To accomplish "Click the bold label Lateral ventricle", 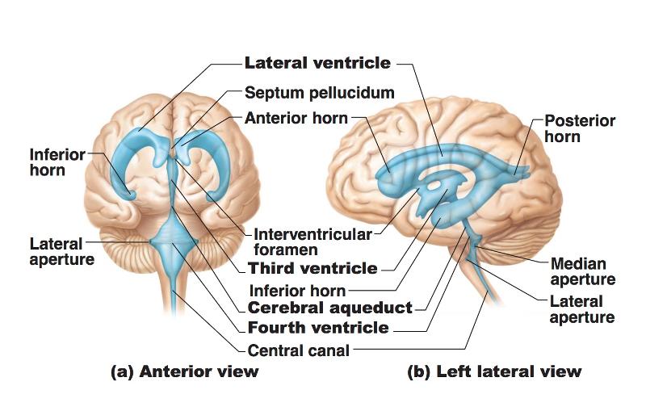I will [x=317, y=63].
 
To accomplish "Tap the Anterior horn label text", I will [x=296, y=119].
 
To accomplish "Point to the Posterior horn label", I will [x=579, y=129].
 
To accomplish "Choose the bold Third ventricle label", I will [x=313, y=268].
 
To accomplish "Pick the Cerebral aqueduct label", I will [x=329, y=308].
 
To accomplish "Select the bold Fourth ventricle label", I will [x=318, y=328].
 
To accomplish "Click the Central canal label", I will [x=299, y=350].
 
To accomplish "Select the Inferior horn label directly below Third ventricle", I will [x=297, y=290].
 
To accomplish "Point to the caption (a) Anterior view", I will [x=184, y=371].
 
